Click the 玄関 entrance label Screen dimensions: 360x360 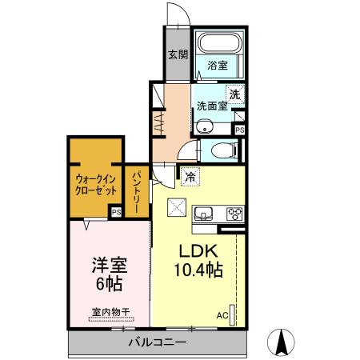click(178, 55)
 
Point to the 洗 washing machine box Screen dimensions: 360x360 click(234, 94)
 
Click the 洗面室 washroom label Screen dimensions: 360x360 click(212, 105)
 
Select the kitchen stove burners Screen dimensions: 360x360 click(235, 214)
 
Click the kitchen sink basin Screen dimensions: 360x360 click(203, 214)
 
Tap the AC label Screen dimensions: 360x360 click(222, 315)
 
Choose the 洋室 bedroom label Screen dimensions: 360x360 click(110, 263)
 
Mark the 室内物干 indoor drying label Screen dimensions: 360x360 click(110, 312)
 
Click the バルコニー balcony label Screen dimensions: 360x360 click(158, 342)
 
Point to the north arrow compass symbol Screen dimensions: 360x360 click(282, 342)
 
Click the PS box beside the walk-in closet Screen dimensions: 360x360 click(116, 213)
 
